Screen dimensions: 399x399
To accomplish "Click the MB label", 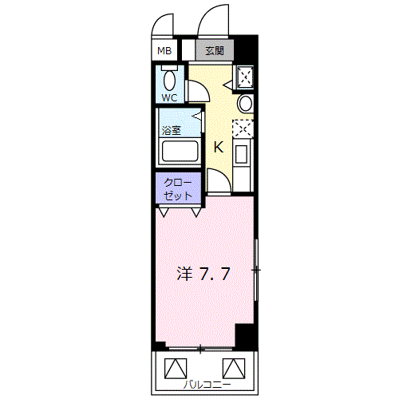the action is pyautogui.click(x=164, y=50).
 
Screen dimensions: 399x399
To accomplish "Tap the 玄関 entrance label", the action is pyautogui.click(x=215, y=50).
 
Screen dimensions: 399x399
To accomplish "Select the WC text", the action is pyautogui.click(x=169, y=98).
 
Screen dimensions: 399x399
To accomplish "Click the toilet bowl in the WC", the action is pyautogui.click(x=170, y=80).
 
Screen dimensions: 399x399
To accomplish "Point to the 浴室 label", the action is pyautogui.click(x=172, y=130).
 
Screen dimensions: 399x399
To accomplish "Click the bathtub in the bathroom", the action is pyautogui.click(x=180, y=151).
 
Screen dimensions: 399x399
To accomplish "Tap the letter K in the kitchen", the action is pyautogui.click(x=219, y=147).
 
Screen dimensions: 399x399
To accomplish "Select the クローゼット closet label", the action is pyautogui.click(x=178, y=189).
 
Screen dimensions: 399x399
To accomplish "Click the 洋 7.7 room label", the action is pyautogui.click(x=203, y=274).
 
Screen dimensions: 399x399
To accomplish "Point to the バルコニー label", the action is pyautogui.click(x=207, y=385).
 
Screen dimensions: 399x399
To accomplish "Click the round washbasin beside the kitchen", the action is pyautogui.click(x=245, y=104).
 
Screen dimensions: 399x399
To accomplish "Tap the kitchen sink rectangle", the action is pyautogui.click(x=242, y=154).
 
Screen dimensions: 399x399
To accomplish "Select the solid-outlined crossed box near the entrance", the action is pyautogui.click(x=245, y=77).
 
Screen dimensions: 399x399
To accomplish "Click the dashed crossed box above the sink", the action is pyautogui.click(x=243, y=129).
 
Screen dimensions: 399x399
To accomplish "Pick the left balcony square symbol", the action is pyautogui.click(x=176, y=368).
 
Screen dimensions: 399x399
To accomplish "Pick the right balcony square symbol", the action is pyautogui.click(x=234, y=368).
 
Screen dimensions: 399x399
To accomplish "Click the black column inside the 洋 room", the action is pyautogui.click(x=246, y=336).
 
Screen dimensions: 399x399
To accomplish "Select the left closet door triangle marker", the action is pyautogui.click(x=164, y=212).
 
